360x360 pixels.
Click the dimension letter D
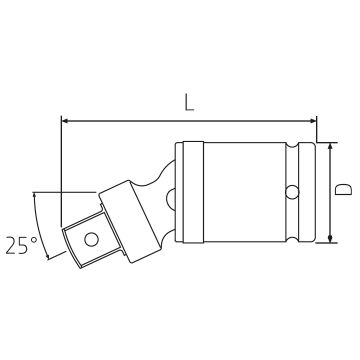[x=343, y=189]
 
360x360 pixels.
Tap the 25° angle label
[x=21, y=246]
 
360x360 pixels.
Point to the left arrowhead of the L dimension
[x=66, y=121]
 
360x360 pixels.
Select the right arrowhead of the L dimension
[x=312, y=121]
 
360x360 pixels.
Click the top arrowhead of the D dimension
[x=330, y=147]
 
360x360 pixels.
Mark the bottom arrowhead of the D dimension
[x=330, y=239]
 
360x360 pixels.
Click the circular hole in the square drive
[x=91, y=240]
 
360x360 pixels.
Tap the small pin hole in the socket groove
[x=292, y=192]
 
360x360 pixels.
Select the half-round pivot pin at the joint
[x=171, y=199]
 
